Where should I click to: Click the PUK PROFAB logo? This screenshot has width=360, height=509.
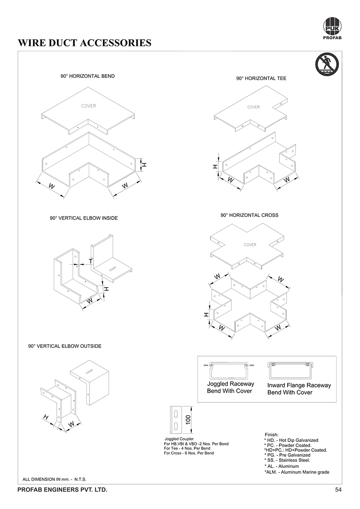(x=333, y=28)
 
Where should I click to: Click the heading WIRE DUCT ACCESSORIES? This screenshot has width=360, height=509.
(x=84, y=43)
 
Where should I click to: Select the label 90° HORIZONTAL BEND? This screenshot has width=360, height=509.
(x=88, y=76)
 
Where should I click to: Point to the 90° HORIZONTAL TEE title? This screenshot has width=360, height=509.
(x=261, y=78)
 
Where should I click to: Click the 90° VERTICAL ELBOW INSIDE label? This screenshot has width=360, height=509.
(x=84, y=218)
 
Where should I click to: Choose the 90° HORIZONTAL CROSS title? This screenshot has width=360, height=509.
(x=249, y=215)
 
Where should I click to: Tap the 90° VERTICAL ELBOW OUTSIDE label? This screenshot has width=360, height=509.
(x=65, y=346)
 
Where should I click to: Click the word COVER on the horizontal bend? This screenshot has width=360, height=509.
(x=88, y=106)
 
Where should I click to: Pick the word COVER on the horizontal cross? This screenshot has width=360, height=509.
(x=250, y=245)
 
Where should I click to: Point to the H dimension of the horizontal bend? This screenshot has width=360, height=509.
(x=144, y=165)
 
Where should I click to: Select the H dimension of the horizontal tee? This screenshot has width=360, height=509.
(x=216, y=167)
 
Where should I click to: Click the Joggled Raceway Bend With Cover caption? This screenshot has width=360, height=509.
(x=230, y=387)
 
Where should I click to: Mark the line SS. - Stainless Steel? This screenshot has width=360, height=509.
(x=287, y=460)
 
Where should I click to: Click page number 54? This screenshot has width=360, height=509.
(x=338, y=490)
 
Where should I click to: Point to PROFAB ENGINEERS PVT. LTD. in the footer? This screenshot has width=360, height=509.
(x=62, y=490)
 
